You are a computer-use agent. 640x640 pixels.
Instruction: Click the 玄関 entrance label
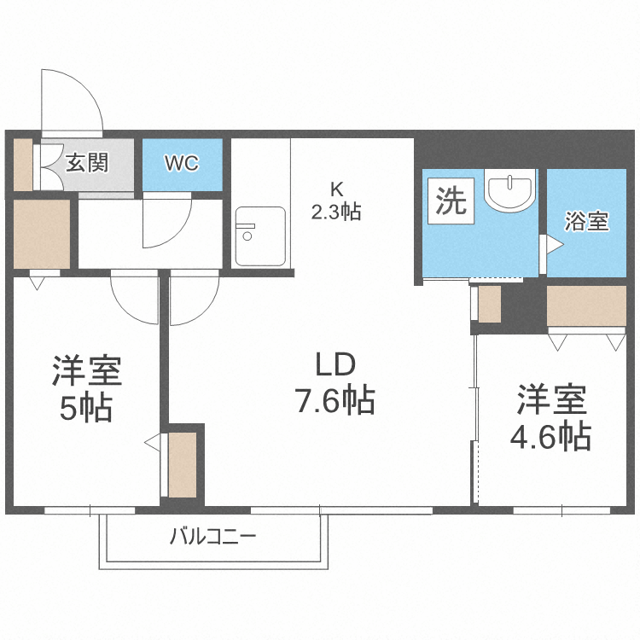click(87, 162)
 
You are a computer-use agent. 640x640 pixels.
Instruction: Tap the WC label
click(181, 163)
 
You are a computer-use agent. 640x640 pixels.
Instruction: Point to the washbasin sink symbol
click(509, 189)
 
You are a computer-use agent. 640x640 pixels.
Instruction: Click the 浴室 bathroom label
click(586, 221)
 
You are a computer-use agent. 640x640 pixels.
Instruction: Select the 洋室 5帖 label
click(85, 389)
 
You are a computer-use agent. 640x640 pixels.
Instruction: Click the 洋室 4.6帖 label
click(550, 418)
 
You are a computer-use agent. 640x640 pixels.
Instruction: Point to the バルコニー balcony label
click(212, 537)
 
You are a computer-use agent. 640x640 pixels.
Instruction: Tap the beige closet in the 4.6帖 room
click(586, 305)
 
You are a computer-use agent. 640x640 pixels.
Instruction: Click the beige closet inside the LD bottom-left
click(183, 464)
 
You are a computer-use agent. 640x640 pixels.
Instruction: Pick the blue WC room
click(182, 165)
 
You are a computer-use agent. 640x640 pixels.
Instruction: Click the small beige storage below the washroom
click(490, 304)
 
